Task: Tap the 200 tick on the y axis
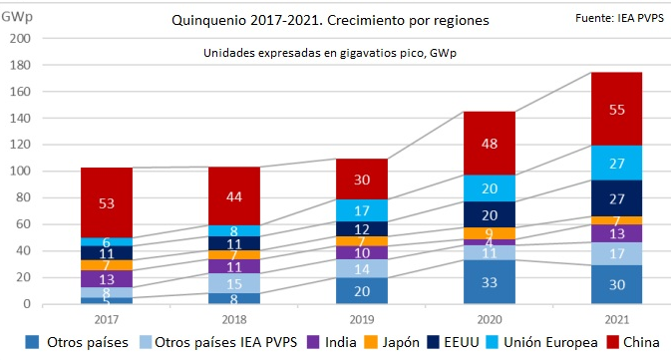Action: [21, 38]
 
